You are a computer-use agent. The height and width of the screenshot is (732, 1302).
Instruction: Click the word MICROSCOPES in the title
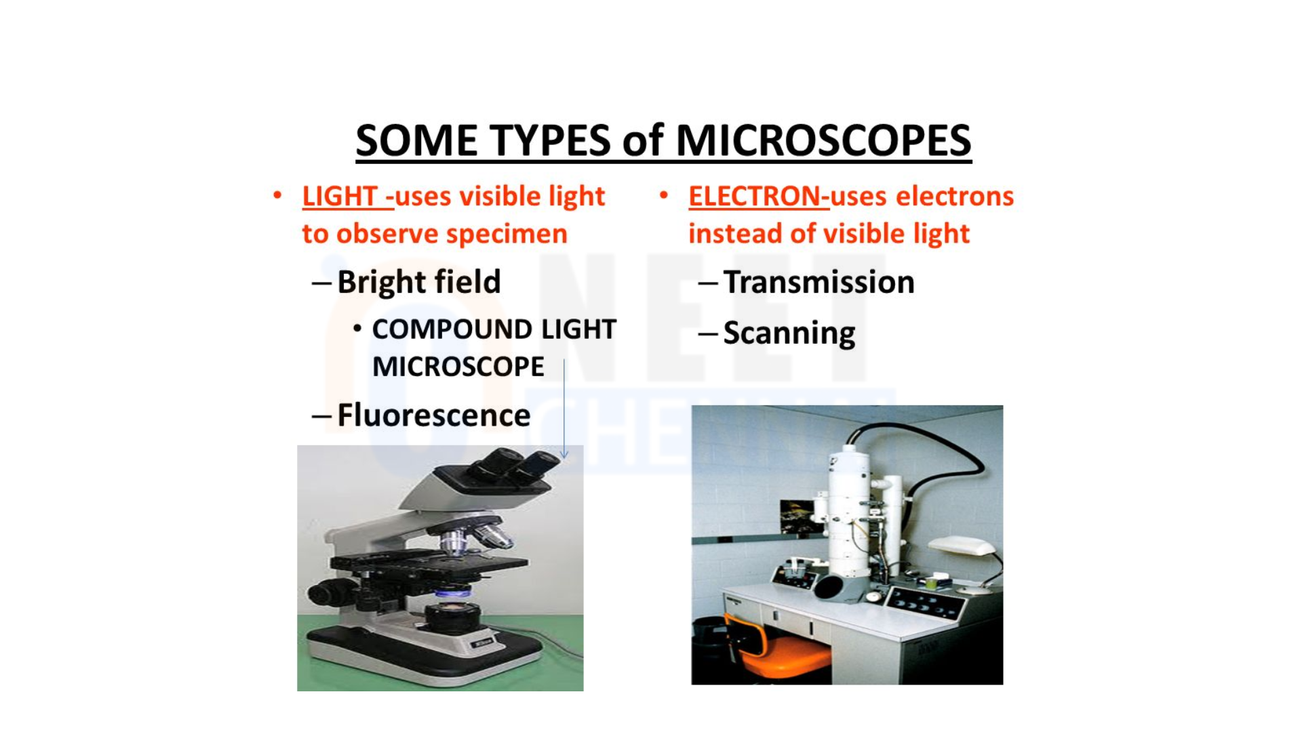[823, 141]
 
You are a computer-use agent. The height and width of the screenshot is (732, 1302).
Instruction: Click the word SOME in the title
[416, 141]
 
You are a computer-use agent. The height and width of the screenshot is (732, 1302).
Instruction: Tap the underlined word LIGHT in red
[340, 197]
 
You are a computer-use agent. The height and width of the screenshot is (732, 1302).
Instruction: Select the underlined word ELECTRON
[755, 197]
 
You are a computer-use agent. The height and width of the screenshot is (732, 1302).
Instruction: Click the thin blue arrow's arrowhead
[564, 454]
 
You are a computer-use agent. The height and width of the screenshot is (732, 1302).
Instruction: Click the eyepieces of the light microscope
[515, 465]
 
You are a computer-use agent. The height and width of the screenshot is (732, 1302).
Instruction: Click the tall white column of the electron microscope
[848, 515]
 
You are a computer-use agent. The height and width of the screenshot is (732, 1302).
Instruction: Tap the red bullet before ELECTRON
[664, 196]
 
